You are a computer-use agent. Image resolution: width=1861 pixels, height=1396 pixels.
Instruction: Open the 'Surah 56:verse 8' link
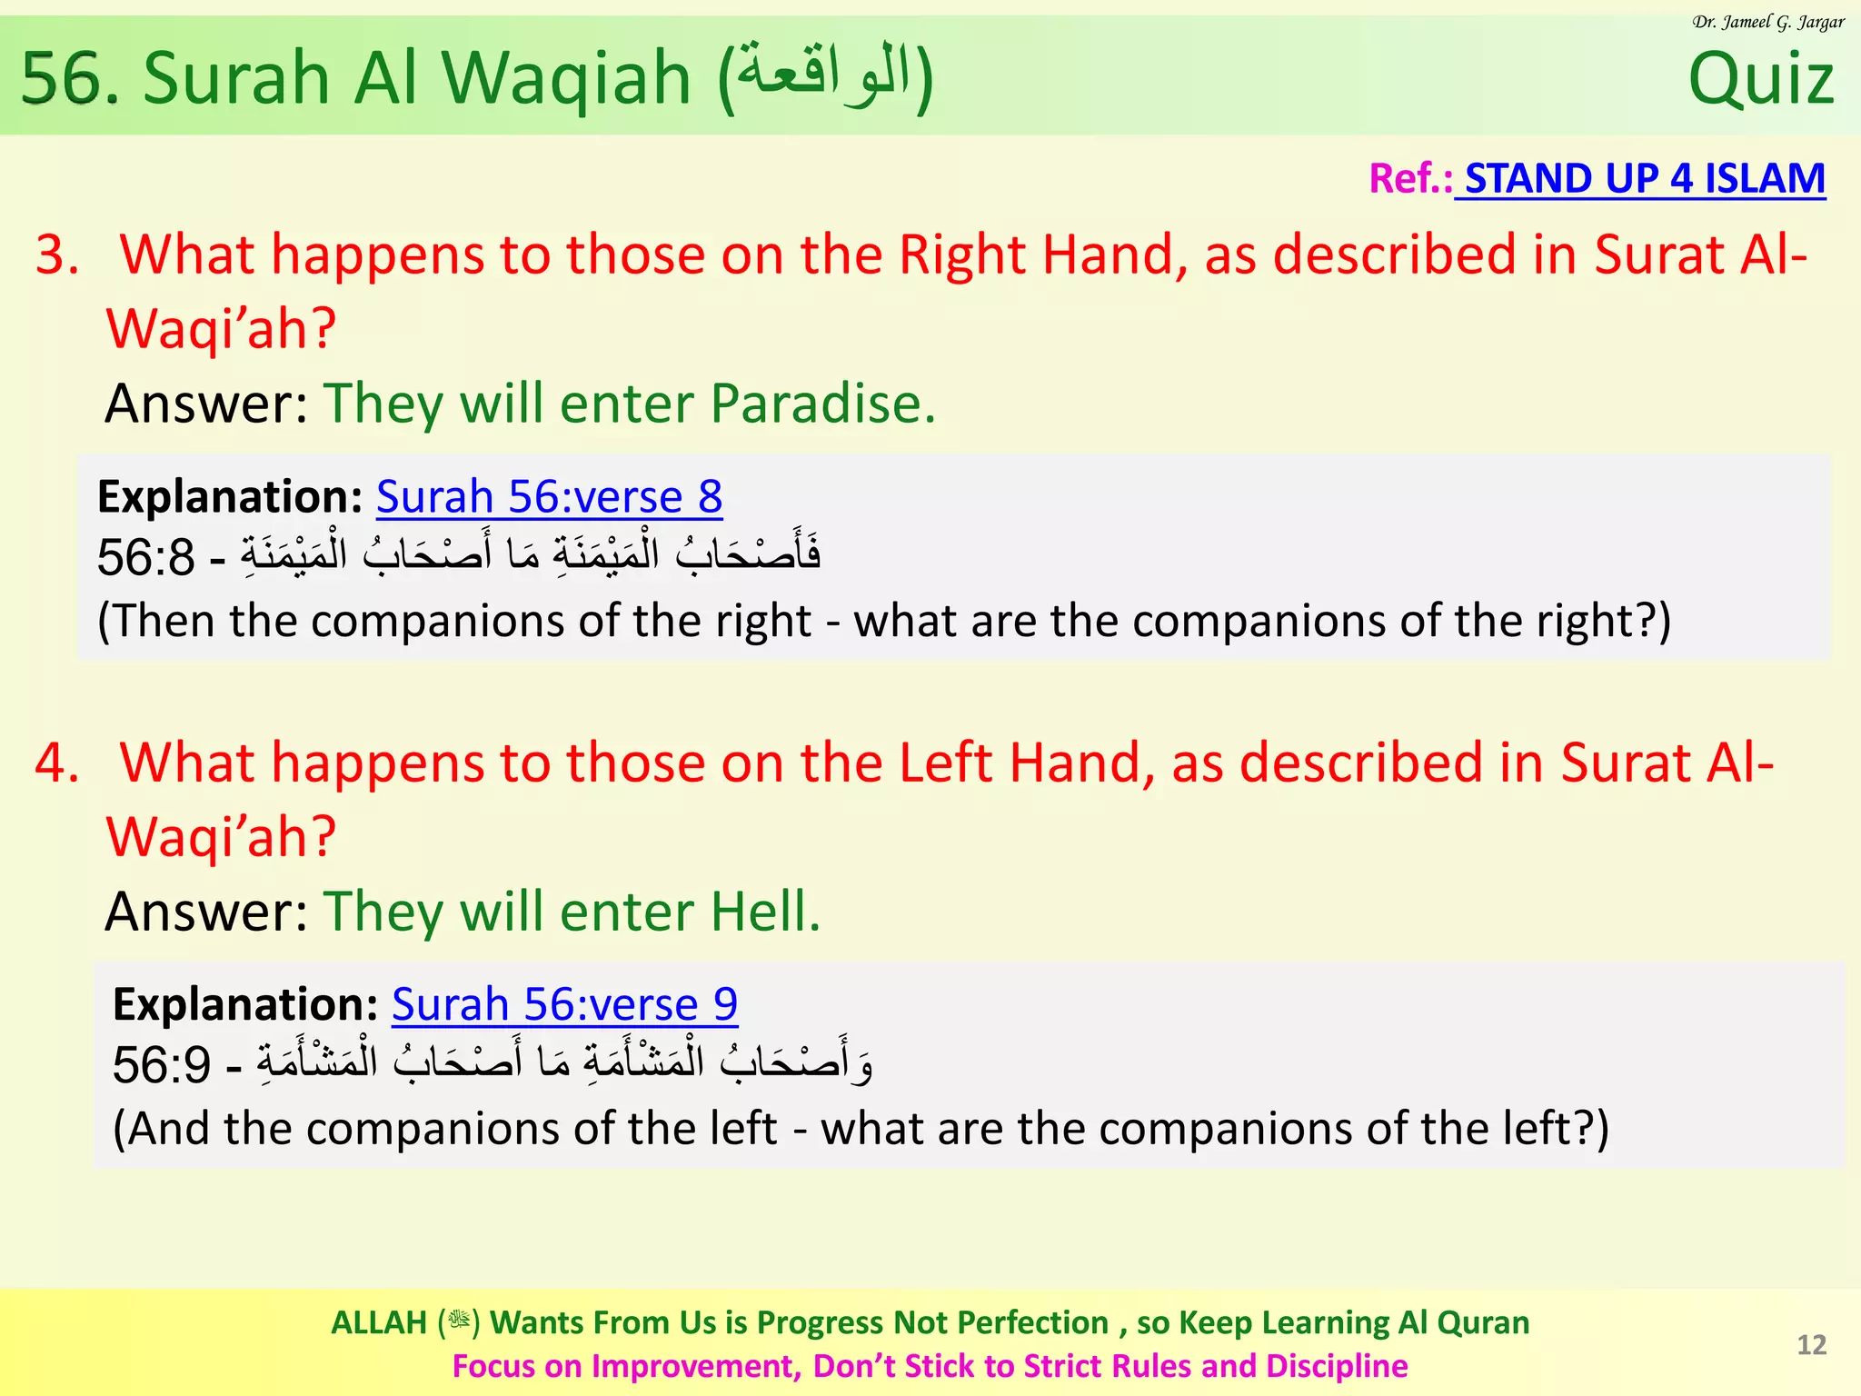click(x=549, y=497)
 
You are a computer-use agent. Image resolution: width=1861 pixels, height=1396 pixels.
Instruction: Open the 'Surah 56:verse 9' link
click(x=564, y=1004)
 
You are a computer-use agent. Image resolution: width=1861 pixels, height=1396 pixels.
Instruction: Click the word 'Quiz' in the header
click(x=1760, y=80)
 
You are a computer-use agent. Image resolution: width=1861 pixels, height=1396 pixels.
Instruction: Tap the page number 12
click(x=1811, y=1345)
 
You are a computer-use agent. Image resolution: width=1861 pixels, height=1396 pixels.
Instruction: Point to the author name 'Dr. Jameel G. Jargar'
click(x=1768, y=22)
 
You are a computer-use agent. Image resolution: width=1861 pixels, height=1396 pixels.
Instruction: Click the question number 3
click(x=56, y=254)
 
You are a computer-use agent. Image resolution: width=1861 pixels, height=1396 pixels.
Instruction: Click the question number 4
click(x=56, y=763)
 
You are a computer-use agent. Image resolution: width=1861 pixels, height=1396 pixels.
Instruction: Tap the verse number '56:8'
click(x=145, y=558)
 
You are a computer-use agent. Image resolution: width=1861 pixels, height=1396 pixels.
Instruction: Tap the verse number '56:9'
click(x=161, y=1065)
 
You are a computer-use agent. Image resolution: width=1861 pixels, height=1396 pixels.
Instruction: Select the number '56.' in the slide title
click(x=70, y=79)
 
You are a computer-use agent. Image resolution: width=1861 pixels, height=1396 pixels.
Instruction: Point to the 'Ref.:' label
click(x=1409, y=178)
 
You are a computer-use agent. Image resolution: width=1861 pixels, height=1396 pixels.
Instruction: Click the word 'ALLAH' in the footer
click(x=379, y=1322)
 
